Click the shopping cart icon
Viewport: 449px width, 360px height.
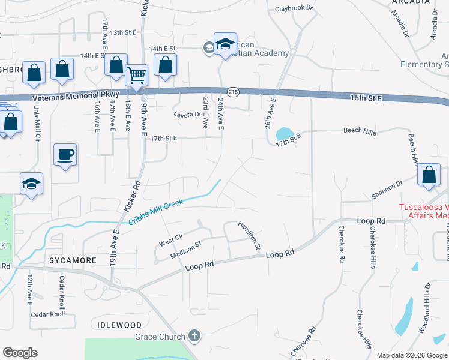coord(137,76)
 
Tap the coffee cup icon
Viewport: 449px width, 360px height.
coord(65,155)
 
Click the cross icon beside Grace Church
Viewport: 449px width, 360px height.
coord(193,336)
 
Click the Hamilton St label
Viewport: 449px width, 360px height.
coord(249,235)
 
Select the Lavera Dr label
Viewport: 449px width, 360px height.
coord(187,114)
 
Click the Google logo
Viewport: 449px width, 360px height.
coord(20,353)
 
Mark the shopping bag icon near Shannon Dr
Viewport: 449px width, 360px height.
coord(429,175)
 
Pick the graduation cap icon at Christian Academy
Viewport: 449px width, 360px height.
coord(225,44)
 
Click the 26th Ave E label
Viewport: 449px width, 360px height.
coord(269,114)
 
